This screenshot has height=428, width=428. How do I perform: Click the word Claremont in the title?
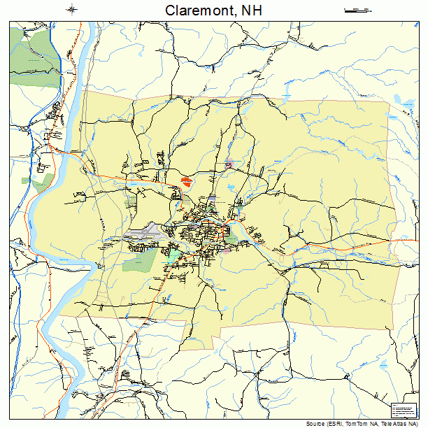pyautogui.click(x=195, y=10)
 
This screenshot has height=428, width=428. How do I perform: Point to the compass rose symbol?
pyautogui.click(x=72, y=10)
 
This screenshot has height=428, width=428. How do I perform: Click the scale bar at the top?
pyautogui.click(x=356, y=10)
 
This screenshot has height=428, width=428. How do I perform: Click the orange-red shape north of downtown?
pyautogui.click(x=185, y=180)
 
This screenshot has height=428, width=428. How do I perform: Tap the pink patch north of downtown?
pyautogui.click(x=229, y=165)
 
